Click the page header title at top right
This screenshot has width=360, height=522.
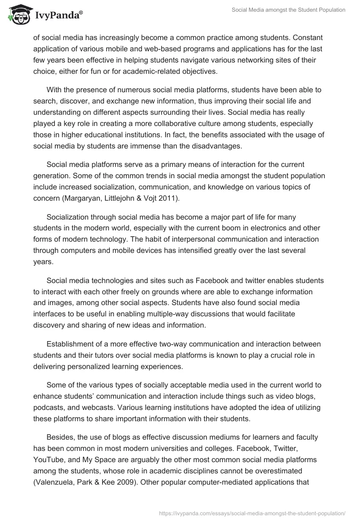click(x=288, y=10)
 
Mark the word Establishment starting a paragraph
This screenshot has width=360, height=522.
click(x=72, y=344)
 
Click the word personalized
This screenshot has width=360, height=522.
click(x=93, y=366)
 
